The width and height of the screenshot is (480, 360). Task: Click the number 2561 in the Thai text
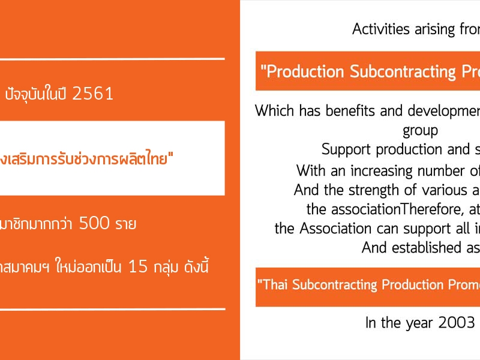pyautogui.click(x=93, y=94)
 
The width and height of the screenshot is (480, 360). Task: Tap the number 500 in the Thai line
pyautogui.click(x=94, y=223)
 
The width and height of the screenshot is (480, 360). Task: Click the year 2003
pyautogui.click(x=457, y=323)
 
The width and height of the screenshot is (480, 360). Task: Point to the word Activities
pyautogui.click(x=381, y=29)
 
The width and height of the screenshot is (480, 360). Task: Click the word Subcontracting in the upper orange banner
pyautogui.click(x=403, y=71)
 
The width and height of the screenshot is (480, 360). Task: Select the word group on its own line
pyautogui.click(x=421, y=131)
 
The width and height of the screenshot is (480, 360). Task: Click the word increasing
pyautogui.click(x=382, y=171)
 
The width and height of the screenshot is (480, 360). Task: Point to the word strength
pyautogui.click(x=374, y=190)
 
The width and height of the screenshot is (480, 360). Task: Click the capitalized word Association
pyautogui.click(x=335, y=229)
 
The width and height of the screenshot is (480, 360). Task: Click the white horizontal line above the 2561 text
pyautogui.click(x=112, y=58)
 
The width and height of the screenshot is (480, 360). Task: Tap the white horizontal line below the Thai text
pyautogui.click(x=112, y=309)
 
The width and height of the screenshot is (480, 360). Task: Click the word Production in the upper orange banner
pyautogui.click(x=305, y=71)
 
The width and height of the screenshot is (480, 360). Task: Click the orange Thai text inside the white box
pyautogui.click(x=86, y=158)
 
